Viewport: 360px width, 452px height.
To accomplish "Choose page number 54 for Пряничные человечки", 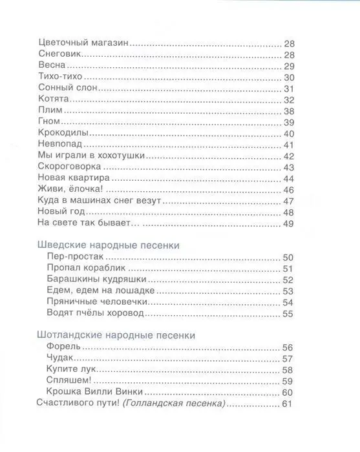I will click(289, 302).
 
